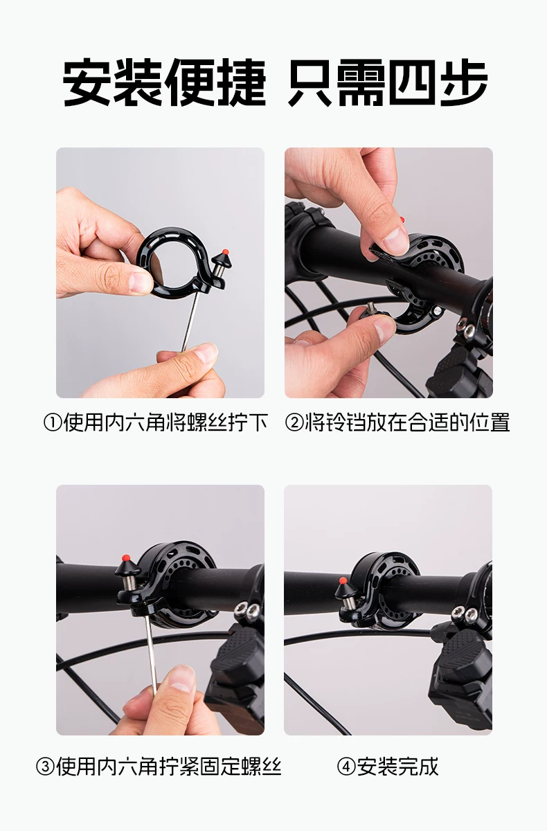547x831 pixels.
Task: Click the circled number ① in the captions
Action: pos(53,423)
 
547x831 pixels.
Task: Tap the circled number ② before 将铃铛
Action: pos(294,423)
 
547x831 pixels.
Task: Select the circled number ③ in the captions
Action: pos(45,767)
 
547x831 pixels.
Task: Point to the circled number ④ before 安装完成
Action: pos(346,767)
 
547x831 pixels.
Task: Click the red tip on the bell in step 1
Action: pos(224,252)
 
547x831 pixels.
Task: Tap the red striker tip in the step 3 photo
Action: pos(127,557)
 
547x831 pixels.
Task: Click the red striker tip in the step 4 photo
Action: pos(343,580)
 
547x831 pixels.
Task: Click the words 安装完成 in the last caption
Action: pos(397,767)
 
